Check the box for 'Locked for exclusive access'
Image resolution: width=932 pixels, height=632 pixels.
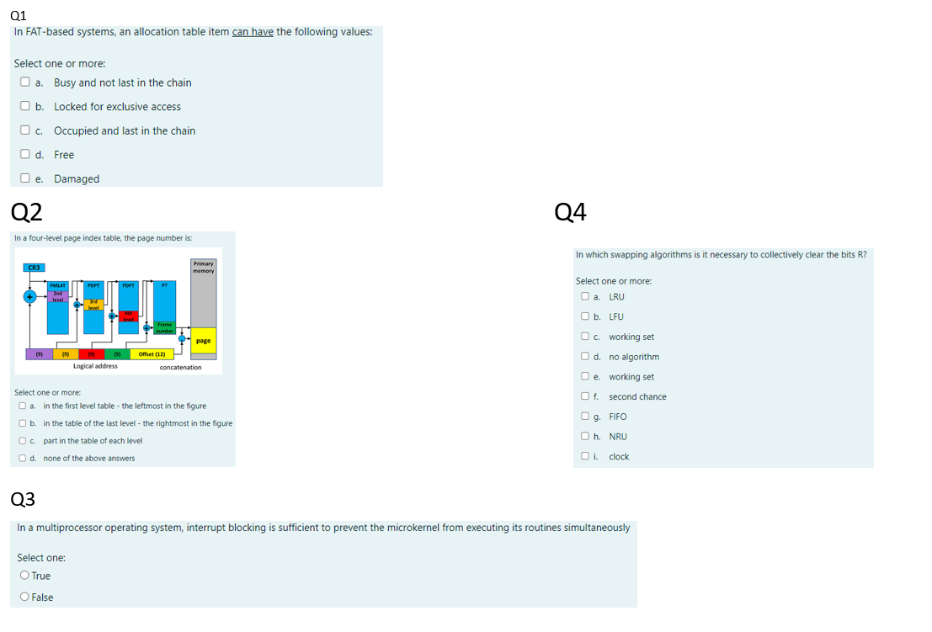(26, 107)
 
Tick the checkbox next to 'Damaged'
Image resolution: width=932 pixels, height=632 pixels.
(26, 179)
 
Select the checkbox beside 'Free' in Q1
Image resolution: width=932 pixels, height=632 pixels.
(26, 155)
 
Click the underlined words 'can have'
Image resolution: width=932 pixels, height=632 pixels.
(253, 32)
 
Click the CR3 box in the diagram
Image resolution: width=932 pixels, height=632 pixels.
(35, 268)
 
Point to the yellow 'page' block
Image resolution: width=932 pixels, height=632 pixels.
(203, 341)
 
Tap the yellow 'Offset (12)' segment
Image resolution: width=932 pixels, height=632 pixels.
(152, 353)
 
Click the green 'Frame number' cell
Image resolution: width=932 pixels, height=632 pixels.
(165, 328)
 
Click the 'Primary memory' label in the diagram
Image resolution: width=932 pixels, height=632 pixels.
(203, 267)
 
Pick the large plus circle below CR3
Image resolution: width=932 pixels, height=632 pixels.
(29, 297)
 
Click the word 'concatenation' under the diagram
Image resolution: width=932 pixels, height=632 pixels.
(180, 367)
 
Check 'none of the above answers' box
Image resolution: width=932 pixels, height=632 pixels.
(22, 459)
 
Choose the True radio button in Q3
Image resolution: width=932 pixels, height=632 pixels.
(24, 576)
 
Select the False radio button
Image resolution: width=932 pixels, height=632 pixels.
(24, 597)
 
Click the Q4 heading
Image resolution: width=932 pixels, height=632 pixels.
(571, 212)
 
